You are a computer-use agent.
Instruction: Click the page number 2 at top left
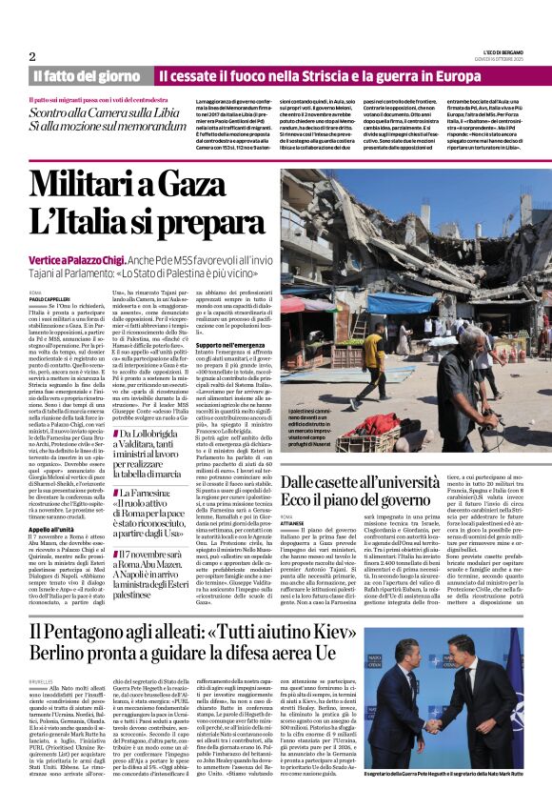32,56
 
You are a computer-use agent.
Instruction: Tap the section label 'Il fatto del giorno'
86,75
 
